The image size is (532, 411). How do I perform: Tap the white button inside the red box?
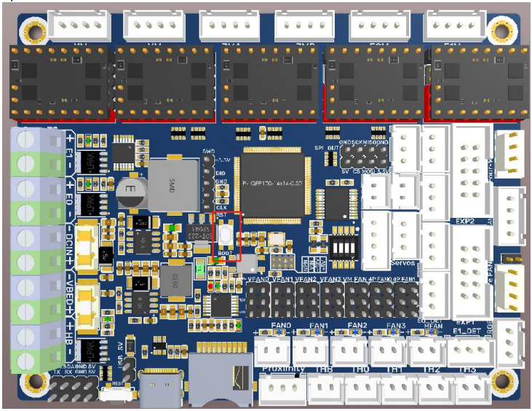pos(226,237)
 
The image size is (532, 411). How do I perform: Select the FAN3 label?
pos(396,325)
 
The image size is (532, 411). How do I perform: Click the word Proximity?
pos(282,369)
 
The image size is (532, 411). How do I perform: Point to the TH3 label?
pos(469,369)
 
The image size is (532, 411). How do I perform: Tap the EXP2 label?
pos(465,220)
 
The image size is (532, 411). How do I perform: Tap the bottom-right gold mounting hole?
pos(501,380)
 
